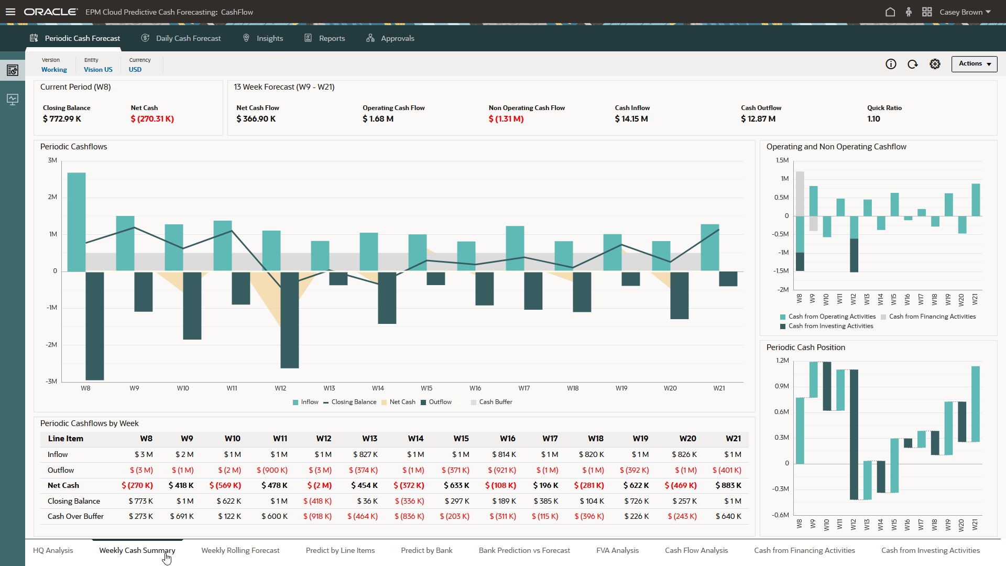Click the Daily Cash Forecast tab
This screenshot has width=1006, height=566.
(188, 38)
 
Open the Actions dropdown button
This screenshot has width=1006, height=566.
(974, 64)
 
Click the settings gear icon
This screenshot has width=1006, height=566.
(935, 64)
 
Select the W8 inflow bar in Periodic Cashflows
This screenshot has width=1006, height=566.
(76, 221)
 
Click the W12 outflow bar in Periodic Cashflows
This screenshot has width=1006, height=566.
(289, 320)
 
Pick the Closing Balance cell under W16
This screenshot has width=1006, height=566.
(504, 501)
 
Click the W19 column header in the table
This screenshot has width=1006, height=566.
(640, 439)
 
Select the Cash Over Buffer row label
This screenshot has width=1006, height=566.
(75, 516)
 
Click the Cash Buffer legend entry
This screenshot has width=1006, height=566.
(495, 402)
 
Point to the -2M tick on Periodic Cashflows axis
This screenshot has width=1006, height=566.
(51, 344)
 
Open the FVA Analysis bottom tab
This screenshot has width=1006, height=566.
(617, 550)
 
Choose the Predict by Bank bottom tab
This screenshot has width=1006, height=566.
(427, 550)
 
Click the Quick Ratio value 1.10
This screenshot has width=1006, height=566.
(873, 119)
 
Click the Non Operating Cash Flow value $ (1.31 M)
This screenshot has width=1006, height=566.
(506, 119)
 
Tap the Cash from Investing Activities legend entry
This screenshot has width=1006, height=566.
(830, 326)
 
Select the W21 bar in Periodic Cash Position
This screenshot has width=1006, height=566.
(975, 404)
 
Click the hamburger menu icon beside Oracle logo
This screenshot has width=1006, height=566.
(10, 12)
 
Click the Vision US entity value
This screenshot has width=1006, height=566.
(98, 69)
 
